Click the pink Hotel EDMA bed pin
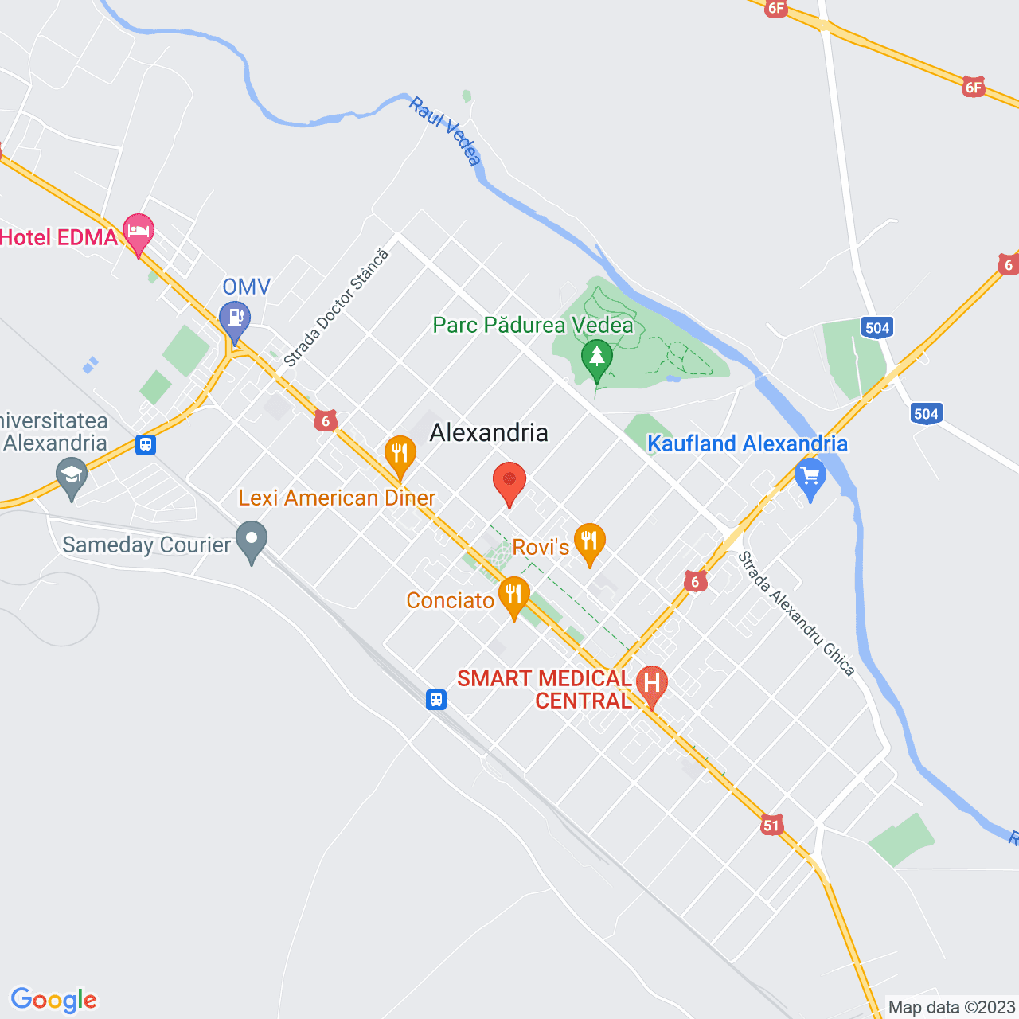point(139,232)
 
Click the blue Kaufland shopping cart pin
point(810,478)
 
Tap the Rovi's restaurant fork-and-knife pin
point(589,543)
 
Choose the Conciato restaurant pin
point(514,596)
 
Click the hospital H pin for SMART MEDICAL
point(652,685)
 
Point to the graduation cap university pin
point(72,478)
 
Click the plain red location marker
point(509,482)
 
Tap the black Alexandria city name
point(489,432)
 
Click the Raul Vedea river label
point(446,131)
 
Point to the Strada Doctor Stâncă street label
point(337,308)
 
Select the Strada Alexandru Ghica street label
point(796,614)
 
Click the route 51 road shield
point(771,825)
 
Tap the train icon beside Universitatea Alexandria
point(145,444)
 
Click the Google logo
point(53,1000)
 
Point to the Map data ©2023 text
point(951,1007)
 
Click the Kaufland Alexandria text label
point(748,443)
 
